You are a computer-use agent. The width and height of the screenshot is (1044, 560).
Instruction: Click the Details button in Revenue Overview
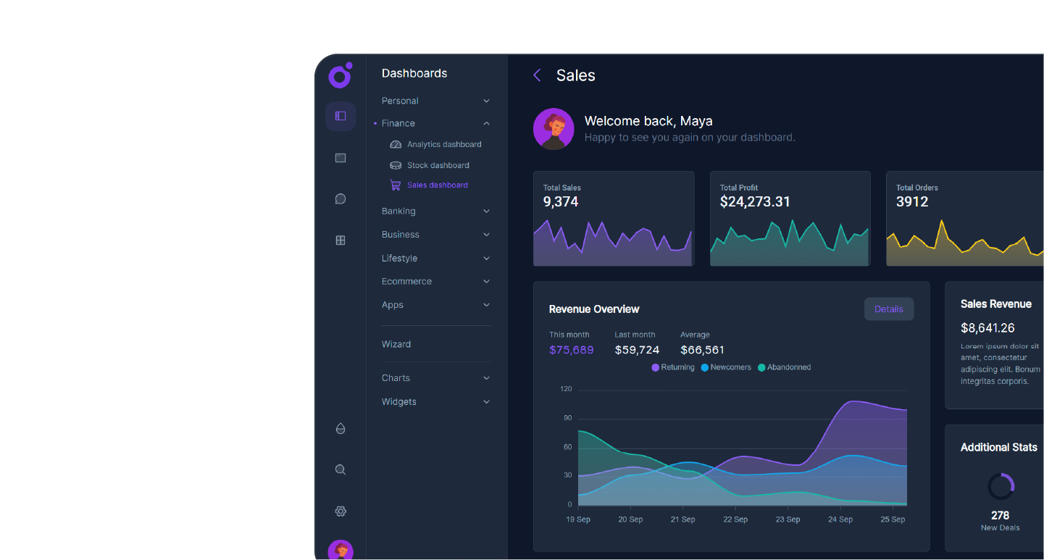pyautogui.click(x=888, y=309)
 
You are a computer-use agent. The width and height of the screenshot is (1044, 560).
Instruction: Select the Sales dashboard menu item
pyautogui.click(x=437, y=185)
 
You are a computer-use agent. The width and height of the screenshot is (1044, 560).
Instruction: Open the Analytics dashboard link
pyautogui.click(x=443, y=145)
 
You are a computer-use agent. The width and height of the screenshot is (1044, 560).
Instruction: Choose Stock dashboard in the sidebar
pyautogui.click(x=438, y=165)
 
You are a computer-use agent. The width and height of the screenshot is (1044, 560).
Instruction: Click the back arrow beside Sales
pyautogui.click(x=537, y=75)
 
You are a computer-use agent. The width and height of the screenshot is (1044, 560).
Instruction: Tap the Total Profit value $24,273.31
pyautogui.click(x=754, y=202)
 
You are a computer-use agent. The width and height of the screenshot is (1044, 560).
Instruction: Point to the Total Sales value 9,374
pyautogui.click(x=561, y=202)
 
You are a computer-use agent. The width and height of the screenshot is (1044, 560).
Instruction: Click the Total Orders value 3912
pyautogui.click(x=911, y=202)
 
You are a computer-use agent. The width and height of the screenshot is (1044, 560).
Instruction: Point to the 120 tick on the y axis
pyautogui.click(x=566, y=390)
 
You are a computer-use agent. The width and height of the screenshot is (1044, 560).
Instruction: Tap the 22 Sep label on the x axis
pyautogui.click(x=735, y=519)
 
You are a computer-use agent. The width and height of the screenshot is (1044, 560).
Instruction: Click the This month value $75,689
pyautogui.click(x=571, y=351)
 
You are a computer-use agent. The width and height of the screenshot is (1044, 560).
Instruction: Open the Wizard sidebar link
pyautogui.click(x=396, y=344)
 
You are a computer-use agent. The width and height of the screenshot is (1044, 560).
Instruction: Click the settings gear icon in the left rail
pyautogui.click(x=341, y=511)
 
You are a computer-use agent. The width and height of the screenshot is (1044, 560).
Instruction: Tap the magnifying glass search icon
pyautogui.click(x=341, y=469)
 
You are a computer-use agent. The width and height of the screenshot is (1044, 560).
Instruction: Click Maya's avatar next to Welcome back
pyautogui.click(x=554, y=130)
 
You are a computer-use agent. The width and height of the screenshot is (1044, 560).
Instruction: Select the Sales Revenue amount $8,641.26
pyautogui.click(x=987, y=328)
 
